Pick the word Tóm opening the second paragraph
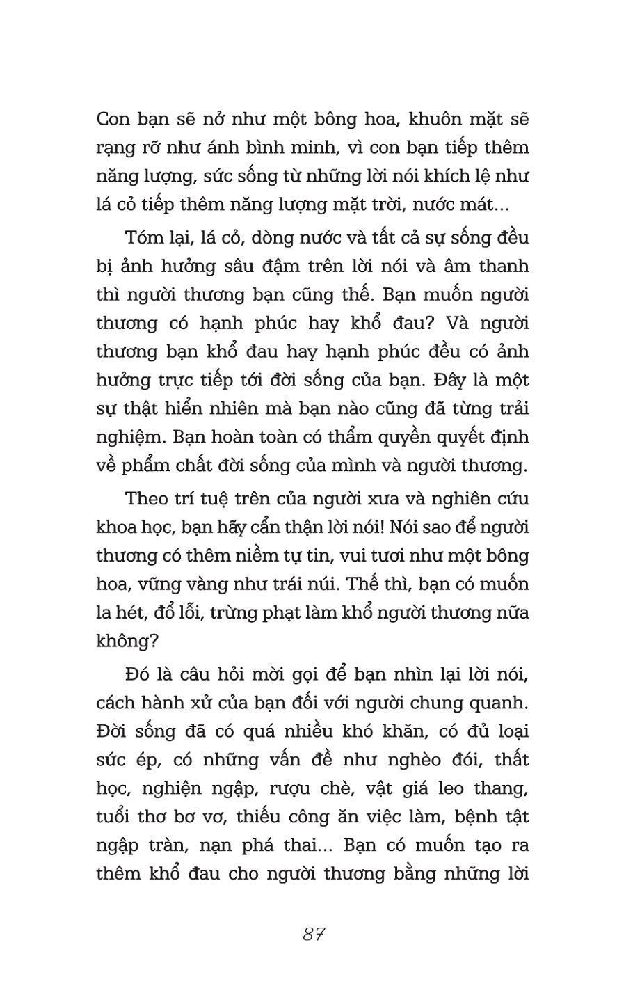pos(143,237)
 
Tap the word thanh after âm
pos(502,266)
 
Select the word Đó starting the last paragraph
pos(138,674)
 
